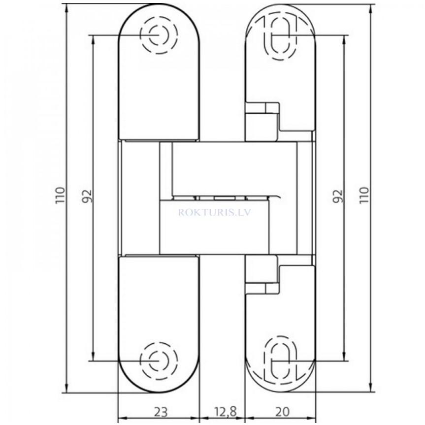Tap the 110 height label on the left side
point(60,196)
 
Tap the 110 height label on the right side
point(363,196)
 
